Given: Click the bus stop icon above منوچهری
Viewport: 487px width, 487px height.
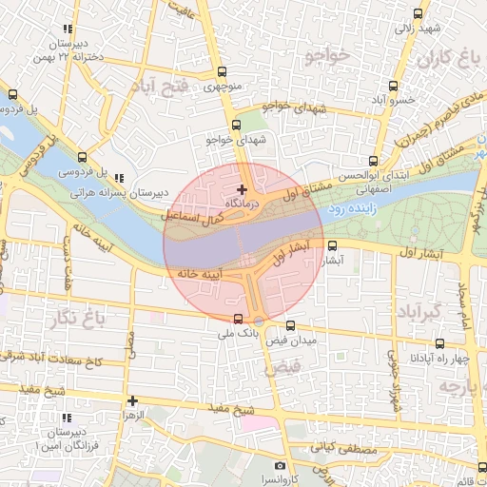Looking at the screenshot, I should point(223,71).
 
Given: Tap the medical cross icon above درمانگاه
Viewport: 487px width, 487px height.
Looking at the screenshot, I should point(242,190).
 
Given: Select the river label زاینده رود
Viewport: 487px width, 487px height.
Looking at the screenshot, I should point(352,205).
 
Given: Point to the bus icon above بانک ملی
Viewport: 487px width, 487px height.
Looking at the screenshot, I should point(238,319).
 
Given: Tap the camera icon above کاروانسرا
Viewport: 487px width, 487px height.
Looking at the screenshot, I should point(280,465).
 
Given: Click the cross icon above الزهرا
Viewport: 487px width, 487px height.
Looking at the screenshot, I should point(132,400).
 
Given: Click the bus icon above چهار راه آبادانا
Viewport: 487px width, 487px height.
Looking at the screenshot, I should point(439,342).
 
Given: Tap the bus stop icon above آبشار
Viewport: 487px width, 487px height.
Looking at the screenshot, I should point(331,245).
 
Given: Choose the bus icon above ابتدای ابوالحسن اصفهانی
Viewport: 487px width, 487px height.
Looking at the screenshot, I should point(373,161).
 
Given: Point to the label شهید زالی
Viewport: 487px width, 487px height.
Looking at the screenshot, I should point(419,28).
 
